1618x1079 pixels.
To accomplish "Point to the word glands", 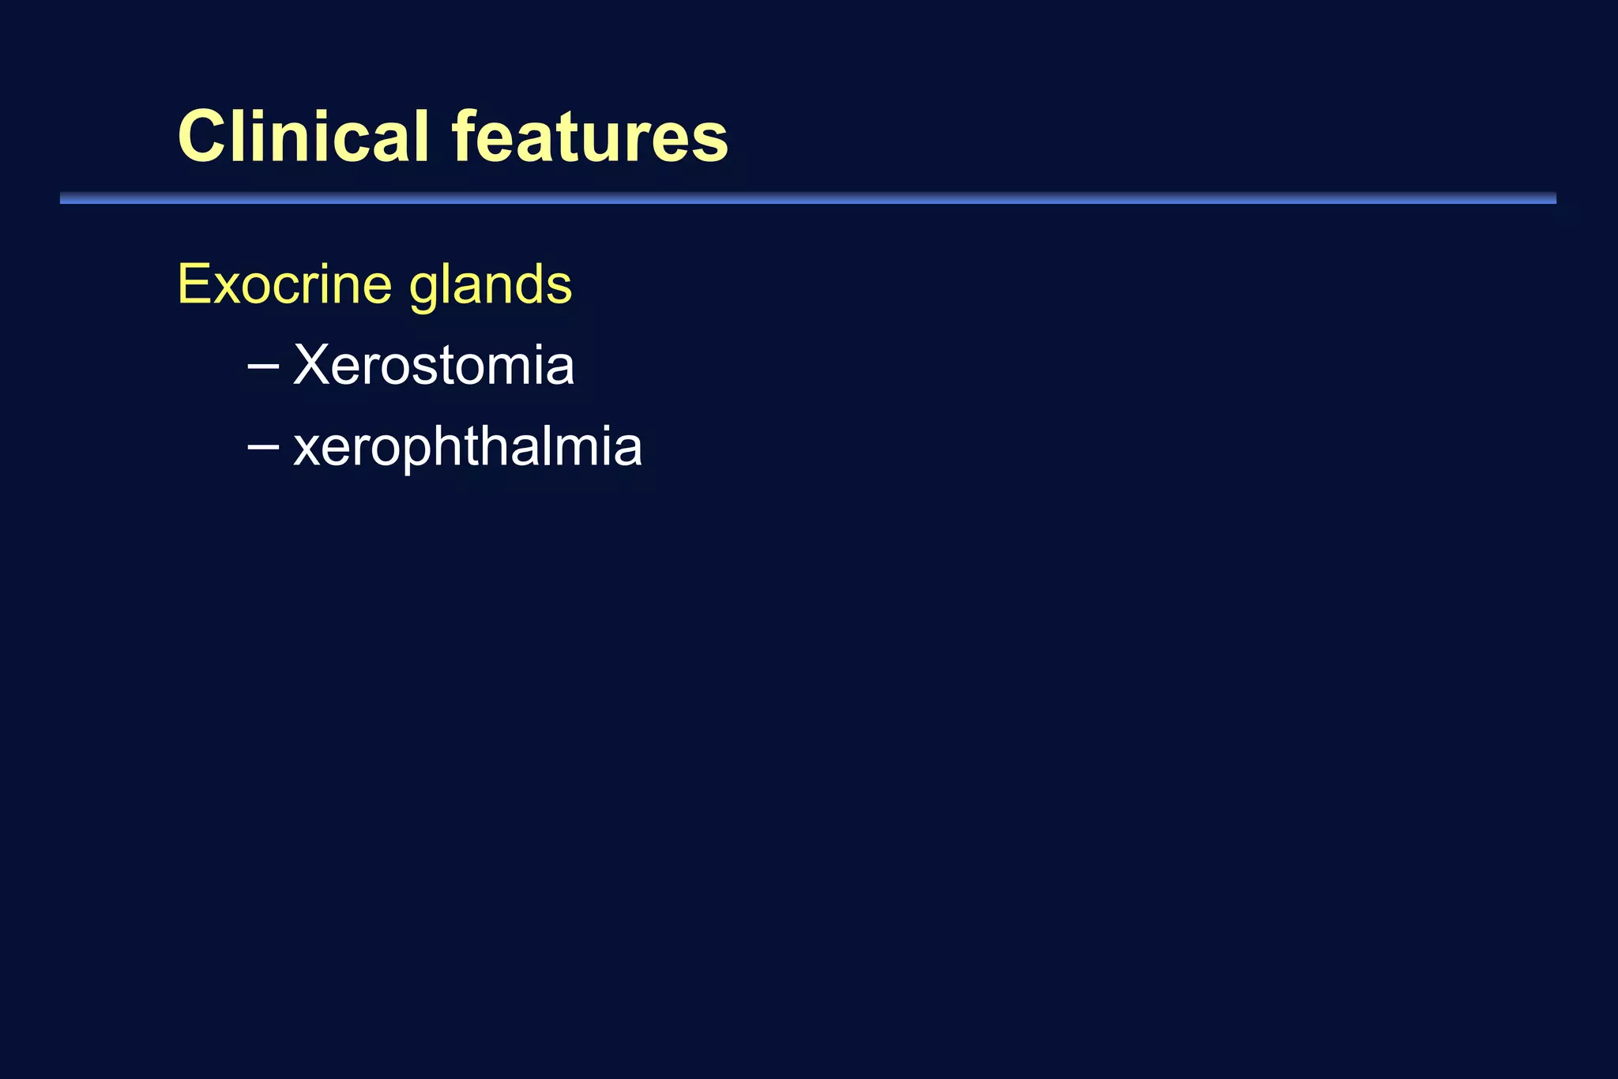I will pos(491,286).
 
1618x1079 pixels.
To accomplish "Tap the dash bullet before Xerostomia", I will pos(262,367).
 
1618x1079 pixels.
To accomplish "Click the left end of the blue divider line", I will pos(63,198).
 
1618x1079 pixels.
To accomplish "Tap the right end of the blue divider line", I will pos(1553,198).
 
